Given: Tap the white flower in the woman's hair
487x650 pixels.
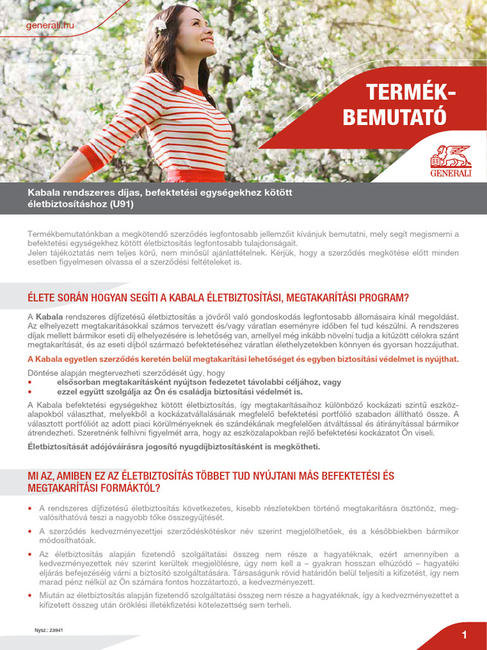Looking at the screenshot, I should coord(160,26).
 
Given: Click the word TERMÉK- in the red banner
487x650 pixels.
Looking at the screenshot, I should coord(411,93).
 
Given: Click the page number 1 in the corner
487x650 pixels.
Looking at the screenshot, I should coord(464,635).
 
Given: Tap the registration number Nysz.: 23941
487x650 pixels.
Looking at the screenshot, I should coord(49,630).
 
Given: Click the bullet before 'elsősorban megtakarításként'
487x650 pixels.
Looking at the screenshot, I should coord(30,383).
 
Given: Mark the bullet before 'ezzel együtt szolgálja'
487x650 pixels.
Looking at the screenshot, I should coord(30,392).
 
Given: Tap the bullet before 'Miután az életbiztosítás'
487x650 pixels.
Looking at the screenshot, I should coord(30,595).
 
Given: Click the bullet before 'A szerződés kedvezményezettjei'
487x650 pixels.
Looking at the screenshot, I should coord(30,531).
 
